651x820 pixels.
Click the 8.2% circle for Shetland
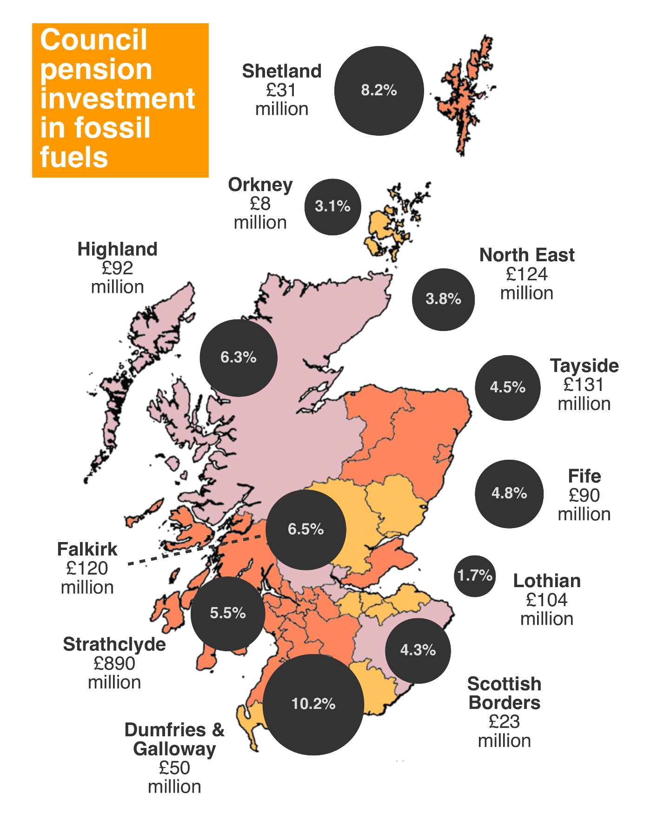[379, 91]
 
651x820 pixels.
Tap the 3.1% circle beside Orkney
[332, 206]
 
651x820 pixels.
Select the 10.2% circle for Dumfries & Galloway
[313, 704]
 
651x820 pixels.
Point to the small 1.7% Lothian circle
[474, 576]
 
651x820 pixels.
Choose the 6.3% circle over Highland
[239, 357]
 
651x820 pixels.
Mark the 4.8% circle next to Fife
[509, 494]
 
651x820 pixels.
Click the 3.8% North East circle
[443, 299]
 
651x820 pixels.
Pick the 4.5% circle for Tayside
[507, 388]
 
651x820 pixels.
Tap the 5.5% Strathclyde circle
[228, 614]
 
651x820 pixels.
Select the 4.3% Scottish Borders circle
[418, 650]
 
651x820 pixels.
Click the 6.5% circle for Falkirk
[306, 530]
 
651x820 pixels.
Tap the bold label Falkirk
[87, 549]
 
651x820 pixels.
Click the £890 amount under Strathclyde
[114, 663]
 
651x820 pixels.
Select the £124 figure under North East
[527, 274]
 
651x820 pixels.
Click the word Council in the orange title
[93, 40]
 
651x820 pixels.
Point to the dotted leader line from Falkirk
[195, 550]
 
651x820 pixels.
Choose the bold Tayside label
[584, 366]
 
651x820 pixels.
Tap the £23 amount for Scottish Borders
[504, 721]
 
